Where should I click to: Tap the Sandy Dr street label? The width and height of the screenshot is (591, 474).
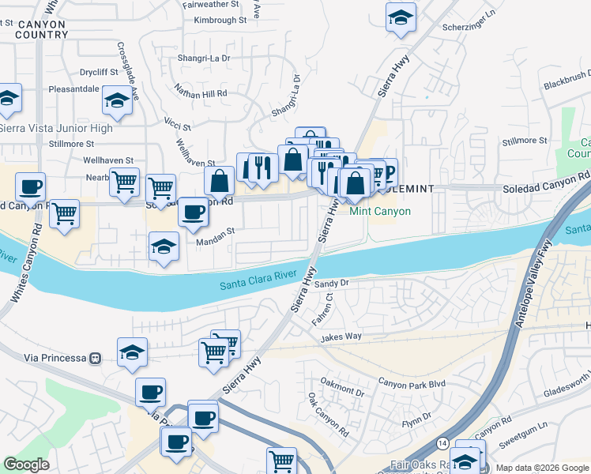[x=332, y=282]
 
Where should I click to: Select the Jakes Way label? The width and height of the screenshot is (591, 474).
[x=341, y=337]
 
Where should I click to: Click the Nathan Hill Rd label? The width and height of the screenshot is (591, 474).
[x=201, y=92]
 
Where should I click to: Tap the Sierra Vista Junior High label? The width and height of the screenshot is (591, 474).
[x=56, y=128]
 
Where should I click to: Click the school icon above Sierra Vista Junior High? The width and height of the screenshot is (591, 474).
[x=117, y=100]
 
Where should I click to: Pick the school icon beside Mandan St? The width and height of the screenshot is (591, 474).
[x=164, y=246]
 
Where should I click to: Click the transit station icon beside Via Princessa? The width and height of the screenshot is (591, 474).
[x=96, y=358]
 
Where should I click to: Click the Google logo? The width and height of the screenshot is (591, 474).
[x=27, y=465]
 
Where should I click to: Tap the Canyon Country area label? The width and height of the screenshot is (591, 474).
[x=41, y=29]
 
